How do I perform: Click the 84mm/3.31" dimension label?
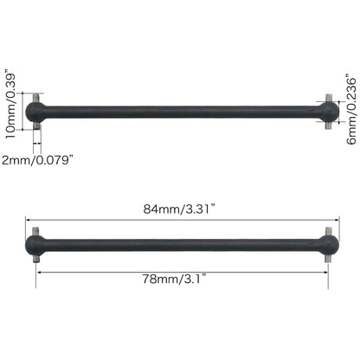[x=183, y=208]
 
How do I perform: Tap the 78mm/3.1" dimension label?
[x=183, y=279]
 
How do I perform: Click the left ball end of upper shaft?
[x=36, y=111]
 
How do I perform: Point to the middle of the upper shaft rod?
[x=183, y=111]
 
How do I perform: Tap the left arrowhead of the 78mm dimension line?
[x=39, y=269]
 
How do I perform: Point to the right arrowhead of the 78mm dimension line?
[x=326, y=269]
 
